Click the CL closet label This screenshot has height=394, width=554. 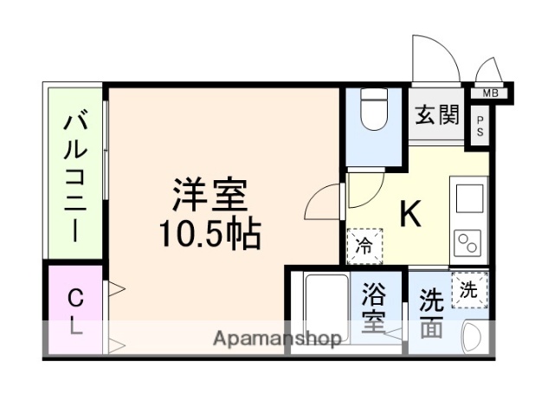click(75, 313)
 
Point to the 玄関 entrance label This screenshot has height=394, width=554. click(435, 114)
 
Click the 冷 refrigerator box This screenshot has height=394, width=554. click(364, 245)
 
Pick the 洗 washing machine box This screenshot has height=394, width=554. click(468, 290)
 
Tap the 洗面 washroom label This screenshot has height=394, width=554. click(431, 313)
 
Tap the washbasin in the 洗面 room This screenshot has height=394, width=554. click(474, 335)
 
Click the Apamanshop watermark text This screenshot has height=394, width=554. click(277, 339)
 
